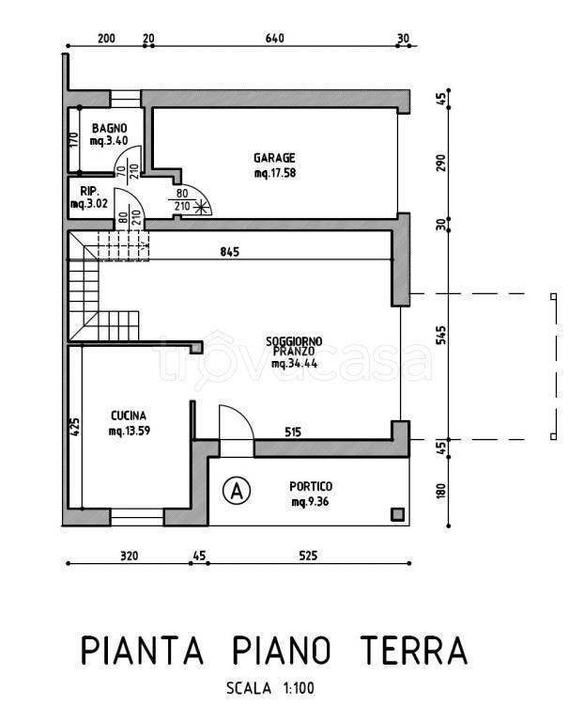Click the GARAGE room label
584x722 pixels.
point(274,158)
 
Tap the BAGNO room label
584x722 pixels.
point(109,128)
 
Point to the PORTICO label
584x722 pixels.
point(312,486)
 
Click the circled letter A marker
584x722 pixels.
point(238,489)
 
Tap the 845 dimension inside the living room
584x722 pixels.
point(231,252)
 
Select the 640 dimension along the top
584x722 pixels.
point(274,39)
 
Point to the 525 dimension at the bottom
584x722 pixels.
point(308,557)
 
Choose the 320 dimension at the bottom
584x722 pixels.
point(130,557)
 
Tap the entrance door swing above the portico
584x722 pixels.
point(235,421)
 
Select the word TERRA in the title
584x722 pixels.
point(414,651)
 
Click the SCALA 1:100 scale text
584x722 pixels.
point(271,688)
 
